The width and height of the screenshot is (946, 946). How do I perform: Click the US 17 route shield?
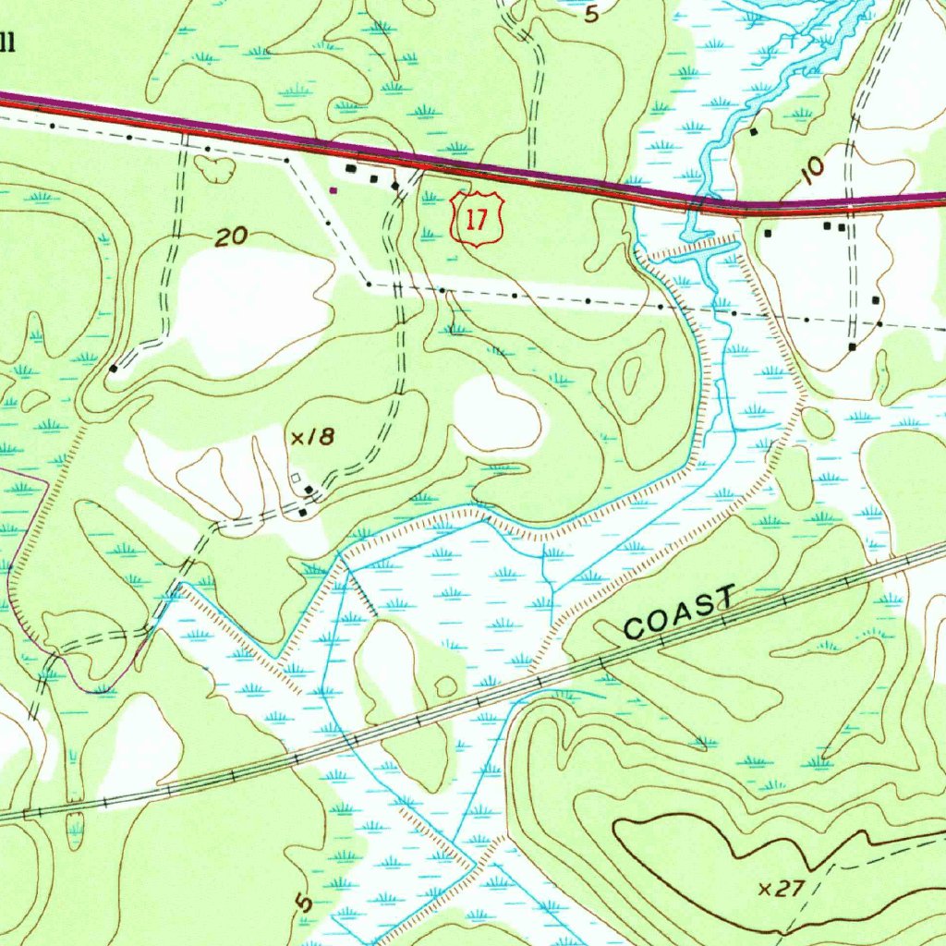[477, 220]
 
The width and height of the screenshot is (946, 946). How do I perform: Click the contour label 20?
[231, 237]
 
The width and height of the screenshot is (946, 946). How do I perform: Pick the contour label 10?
[812, 169]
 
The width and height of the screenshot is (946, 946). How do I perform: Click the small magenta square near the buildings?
[334, 190]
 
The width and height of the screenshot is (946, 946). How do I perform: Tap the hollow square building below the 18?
[297, 478]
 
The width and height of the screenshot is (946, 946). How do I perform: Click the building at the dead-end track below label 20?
[113, 368]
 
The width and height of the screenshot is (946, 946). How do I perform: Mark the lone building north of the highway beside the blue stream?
[754, 132]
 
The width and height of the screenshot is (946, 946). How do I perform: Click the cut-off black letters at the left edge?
[7, 42]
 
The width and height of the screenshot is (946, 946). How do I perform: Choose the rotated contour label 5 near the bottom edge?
[306, 903]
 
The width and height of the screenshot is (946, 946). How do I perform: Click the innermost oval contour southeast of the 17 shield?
[634, 373]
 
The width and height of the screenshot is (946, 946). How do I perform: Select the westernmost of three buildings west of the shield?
[350, 169]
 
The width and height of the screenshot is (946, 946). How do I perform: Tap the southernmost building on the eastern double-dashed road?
[852, 347]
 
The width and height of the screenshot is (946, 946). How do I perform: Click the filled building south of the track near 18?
[303, 511]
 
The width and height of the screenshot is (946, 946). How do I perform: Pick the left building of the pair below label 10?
[828, 224]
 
